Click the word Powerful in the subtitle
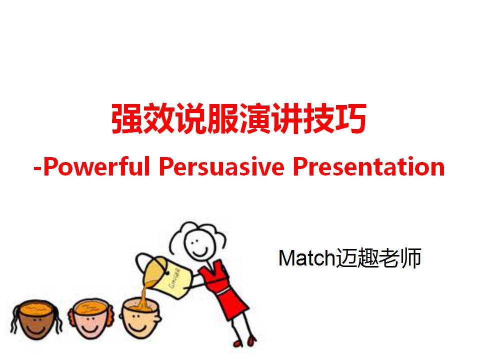click(x=96, y=166)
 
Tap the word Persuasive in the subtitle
click(x=222, y=166)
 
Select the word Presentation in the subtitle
click(x=369, y=166)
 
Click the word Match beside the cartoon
click(x=307, y=258)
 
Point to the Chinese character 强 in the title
click(x=126, y=118)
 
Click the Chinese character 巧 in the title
click(x=350, y=118)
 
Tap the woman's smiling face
click(x=198, y=244)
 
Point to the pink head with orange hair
click(x=90, y=318)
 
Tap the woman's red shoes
click(x=245, y=341)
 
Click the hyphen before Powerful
click(x=37, y=168)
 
